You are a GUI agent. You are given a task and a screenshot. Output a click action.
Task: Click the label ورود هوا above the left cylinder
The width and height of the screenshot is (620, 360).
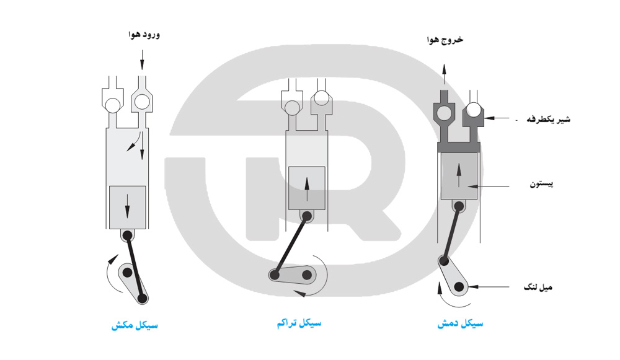[144, 35]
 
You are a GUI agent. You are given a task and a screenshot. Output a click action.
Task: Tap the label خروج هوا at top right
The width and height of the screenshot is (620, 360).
[445, 40]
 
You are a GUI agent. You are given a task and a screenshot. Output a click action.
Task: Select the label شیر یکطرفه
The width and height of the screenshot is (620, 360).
[549, 119]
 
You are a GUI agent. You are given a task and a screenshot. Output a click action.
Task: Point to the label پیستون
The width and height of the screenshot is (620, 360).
[542, 184]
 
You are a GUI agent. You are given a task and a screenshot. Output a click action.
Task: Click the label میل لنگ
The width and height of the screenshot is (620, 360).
[538, 288]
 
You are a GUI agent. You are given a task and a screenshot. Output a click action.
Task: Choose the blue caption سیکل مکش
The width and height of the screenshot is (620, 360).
[135, 326]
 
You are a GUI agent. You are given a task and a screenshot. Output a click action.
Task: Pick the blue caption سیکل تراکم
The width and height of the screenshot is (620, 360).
[299, 323]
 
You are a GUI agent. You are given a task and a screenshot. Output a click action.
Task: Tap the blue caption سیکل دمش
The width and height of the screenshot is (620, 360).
[460, 324]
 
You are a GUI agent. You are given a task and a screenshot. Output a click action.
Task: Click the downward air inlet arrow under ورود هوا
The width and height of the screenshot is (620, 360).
[142, 59]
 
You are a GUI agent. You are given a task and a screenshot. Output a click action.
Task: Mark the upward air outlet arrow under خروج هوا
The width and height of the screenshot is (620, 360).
[444, 74]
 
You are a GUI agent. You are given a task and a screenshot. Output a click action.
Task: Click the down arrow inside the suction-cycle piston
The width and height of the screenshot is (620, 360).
[127, 206]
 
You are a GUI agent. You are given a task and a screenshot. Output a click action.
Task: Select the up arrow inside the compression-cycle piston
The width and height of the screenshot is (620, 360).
[307, 189]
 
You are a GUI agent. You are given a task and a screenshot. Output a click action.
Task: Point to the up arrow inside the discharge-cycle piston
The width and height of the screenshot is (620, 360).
[459, 175]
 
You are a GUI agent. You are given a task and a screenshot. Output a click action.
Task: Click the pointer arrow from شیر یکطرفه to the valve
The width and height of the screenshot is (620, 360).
[497, 118]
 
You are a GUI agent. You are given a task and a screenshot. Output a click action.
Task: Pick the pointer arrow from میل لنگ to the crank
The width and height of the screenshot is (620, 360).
[489, 286]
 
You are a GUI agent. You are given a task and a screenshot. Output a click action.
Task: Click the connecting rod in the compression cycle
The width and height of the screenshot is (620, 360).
[291, 245]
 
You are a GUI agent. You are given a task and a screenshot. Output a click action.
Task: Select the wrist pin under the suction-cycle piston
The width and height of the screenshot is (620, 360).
[127, 236]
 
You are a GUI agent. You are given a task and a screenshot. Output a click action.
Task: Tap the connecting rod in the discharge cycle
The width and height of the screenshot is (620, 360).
[451, 233]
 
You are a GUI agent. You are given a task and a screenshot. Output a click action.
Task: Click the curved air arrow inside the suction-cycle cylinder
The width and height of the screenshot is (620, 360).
[134, 141]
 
